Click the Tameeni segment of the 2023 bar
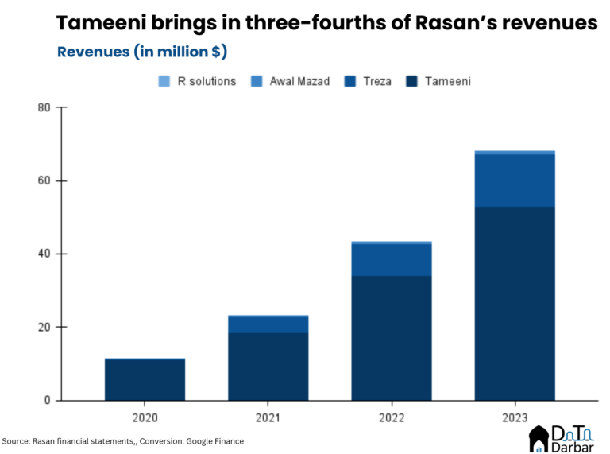(x=515, y=303)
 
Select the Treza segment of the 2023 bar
(x=515, y=180)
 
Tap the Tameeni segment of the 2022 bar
(x=392, y=338)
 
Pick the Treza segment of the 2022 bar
(x=392, y=260)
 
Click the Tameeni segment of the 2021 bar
(x=268, y=366)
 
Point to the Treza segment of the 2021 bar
(x=268, y=324)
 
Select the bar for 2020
(x=145, y=380)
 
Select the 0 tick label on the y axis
(x=48, y=400)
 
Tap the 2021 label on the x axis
(x=268, y=416)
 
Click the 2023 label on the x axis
(x=515, y=416)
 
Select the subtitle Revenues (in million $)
(x=142, y=52)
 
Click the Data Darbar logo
(x=560, y=437)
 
